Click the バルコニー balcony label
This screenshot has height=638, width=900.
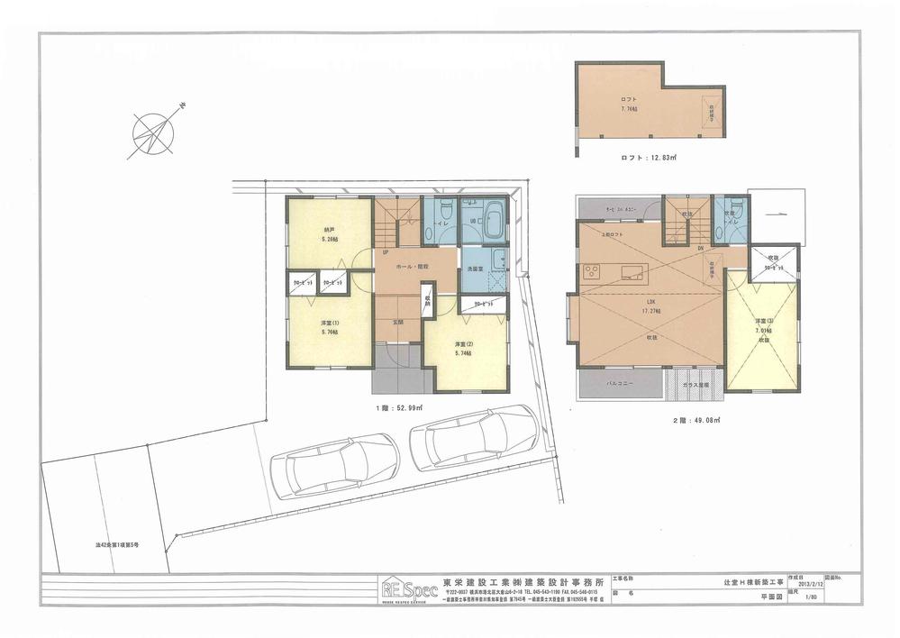point(620,383)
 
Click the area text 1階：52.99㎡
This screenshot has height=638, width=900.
point(399,408)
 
